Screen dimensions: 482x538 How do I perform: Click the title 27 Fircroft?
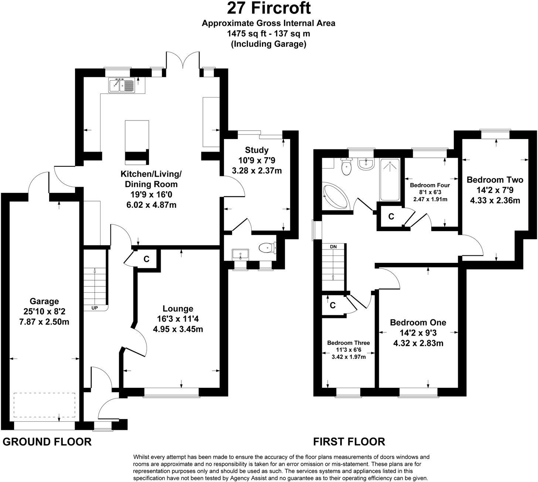(269, 8)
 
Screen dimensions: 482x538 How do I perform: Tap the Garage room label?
(44, 301)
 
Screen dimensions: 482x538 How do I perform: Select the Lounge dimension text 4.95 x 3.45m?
(178, 329)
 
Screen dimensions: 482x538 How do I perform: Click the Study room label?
(257, 150)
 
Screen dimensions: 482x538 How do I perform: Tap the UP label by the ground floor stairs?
(95, 308)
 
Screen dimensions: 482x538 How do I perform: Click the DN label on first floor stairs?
(333, 247)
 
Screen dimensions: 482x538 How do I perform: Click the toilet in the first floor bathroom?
(346, 167)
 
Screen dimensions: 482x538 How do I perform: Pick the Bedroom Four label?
(430, 185)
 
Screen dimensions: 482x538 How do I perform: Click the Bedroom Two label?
(495, 180)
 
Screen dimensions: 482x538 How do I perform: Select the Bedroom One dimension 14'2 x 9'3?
(418, 333)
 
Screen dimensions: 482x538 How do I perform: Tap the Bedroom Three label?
(348, 343)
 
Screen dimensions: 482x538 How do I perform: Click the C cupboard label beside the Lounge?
(146, 259)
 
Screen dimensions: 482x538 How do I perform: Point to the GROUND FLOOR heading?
(47, 442)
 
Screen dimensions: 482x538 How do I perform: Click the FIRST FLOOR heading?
(349, 441)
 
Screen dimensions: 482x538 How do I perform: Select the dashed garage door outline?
(44, 404)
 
